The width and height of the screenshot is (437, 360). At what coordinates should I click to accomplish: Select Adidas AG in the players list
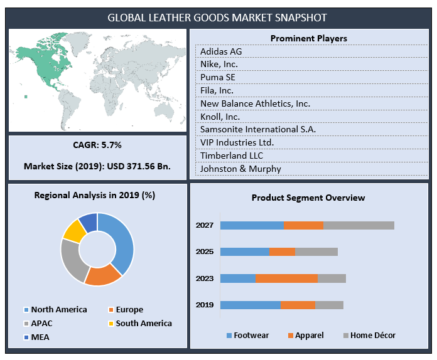tap(221, 51)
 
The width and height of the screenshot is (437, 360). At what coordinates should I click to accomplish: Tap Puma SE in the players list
tap(218, 77)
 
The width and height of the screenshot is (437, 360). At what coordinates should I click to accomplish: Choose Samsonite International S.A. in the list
tap(258, 129)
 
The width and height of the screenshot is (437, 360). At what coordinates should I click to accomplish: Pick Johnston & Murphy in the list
tap(240, 168)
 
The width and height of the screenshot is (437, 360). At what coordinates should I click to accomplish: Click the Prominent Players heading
tap(308, 38)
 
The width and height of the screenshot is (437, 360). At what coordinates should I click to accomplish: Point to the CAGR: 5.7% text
tap(97, 145)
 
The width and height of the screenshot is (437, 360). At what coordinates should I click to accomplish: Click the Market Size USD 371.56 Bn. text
tap(97, 166)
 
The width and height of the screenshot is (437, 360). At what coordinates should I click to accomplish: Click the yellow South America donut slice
tap(73, 230)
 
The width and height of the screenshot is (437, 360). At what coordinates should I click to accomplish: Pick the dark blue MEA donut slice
tap(89, 221)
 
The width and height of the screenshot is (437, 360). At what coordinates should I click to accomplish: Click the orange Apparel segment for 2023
tap(286, 278)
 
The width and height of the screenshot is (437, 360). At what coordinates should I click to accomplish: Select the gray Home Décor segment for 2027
tap(359, 225)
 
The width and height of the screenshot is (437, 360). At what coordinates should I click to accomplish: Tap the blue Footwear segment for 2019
tap(250, 305)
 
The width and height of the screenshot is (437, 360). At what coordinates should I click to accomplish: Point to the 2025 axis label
tap(205, 251)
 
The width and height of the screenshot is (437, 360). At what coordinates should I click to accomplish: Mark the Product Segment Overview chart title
tap(308, 198)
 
